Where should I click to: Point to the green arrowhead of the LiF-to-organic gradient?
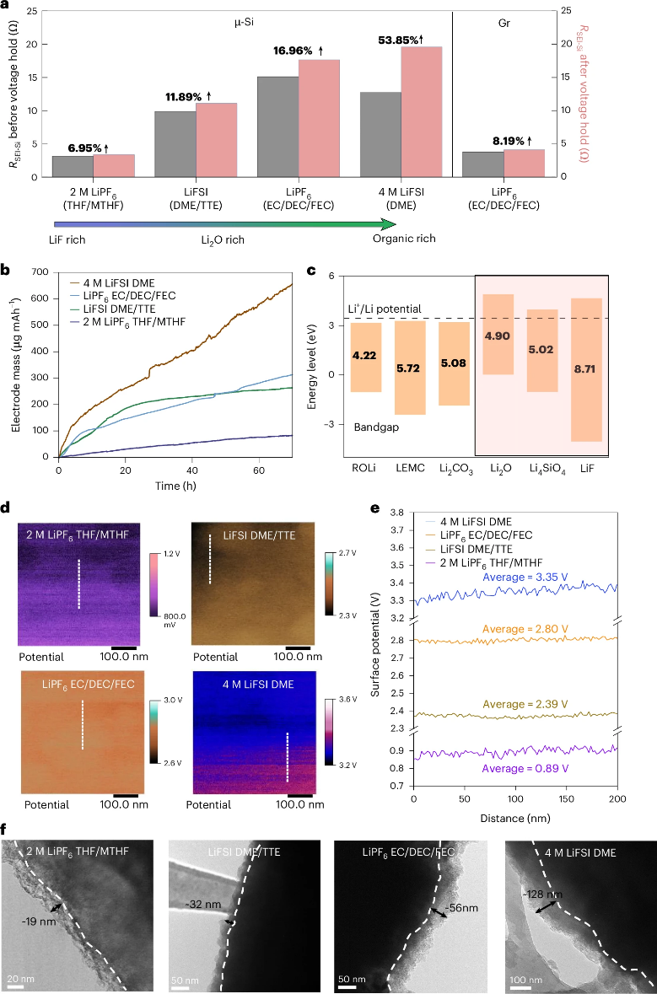pyautogui.click(x=389, y=223)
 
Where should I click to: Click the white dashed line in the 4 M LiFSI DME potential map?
pyautogui.click(x=288, y=757)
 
